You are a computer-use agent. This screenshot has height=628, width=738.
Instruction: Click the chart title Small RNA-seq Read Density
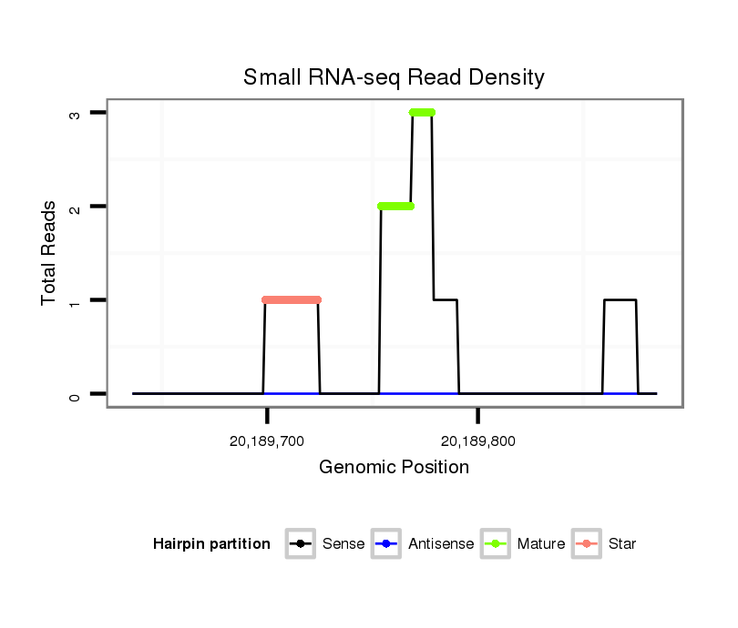pyautogui.click(x=394, y=77)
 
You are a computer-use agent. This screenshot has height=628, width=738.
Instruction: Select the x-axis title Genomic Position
pyautogui.click(x=394, y=468)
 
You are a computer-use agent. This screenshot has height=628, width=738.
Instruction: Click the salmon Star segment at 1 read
pyautogui.click(x=292, y=299)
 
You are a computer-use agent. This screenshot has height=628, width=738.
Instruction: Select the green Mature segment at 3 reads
pyautogui.click(x=422, y=112)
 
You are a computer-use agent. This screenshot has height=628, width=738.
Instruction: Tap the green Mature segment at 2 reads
pyautogui.click(x=395, y=206)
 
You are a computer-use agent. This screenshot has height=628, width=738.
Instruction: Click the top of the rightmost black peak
pyautogui.click(x=620, y=299)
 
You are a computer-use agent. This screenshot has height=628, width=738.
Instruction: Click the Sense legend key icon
pyautogui.click(x=300, y=544)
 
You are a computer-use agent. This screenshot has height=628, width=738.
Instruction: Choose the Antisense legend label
pyautogui.click(x=441, y=544)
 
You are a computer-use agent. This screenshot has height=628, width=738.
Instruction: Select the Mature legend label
pyautogui.click(x=540, y=544)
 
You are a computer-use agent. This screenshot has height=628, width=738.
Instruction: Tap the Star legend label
pyautogui.click(x=621, y=544)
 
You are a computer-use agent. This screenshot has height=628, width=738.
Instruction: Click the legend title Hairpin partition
pyautogui.click(x=211, y=544)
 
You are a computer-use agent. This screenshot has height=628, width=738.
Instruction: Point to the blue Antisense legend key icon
pyautogui.click(x=386, y=544)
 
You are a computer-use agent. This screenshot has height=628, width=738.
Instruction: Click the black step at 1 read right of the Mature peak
pyautogui.click(x=445, y=299)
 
